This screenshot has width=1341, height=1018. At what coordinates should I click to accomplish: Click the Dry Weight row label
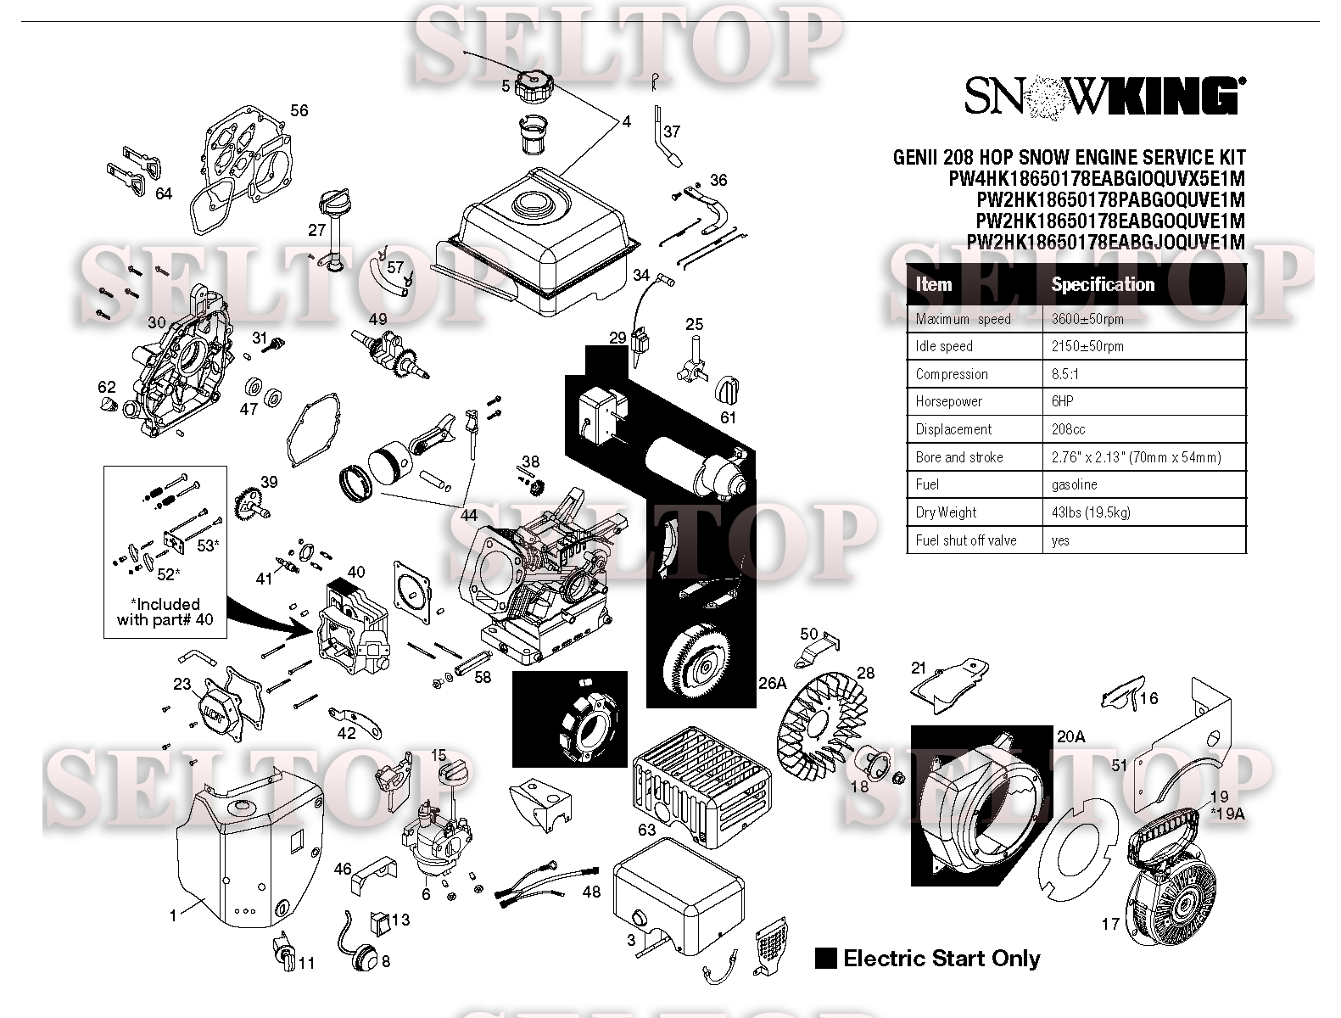946,512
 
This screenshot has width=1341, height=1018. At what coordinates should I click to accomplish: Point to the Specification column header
1103,284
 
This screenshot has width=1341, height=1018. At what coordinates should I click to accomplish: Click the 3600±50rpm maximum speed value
1087,319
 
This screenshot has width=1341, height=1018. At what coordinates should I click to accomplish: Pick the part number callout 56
299,110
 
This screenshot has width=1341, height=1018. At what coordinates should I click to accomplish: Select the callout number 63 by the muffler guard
646,829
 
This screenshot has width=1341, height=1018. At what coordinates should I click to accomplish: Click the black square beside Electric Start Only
825,958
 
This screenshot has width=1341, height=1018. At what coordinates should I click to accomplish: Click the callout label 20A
1070,736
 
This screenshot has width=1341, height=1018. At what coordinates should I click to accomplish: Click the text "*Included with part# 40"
165,612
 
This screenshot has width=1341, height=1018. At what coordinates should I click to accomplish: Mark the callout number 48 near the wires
590,892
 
